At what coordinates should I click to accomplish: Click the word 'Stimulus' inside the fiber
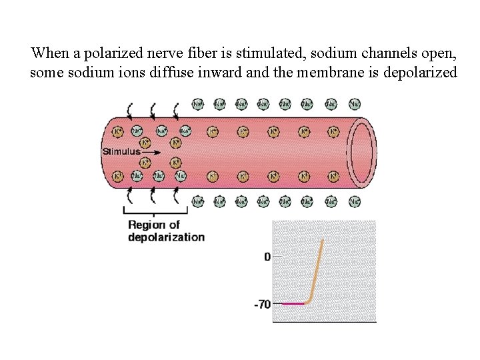[x=121, y=151]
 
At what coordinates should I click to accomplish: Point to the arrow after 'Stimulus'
[x=151, y=152]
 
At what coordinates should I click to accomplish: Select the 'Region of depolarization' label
[x=166, y=231]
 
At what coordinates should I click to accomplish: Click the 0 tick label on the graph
[x=267, y=257]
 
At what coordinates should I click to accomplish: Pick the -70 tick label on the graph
[x=262, y=305]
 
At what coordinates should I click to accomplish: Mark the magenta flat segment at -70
[x=292, y=304]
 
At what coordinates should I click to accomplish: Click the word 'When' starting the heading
[x=46, y=53]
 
